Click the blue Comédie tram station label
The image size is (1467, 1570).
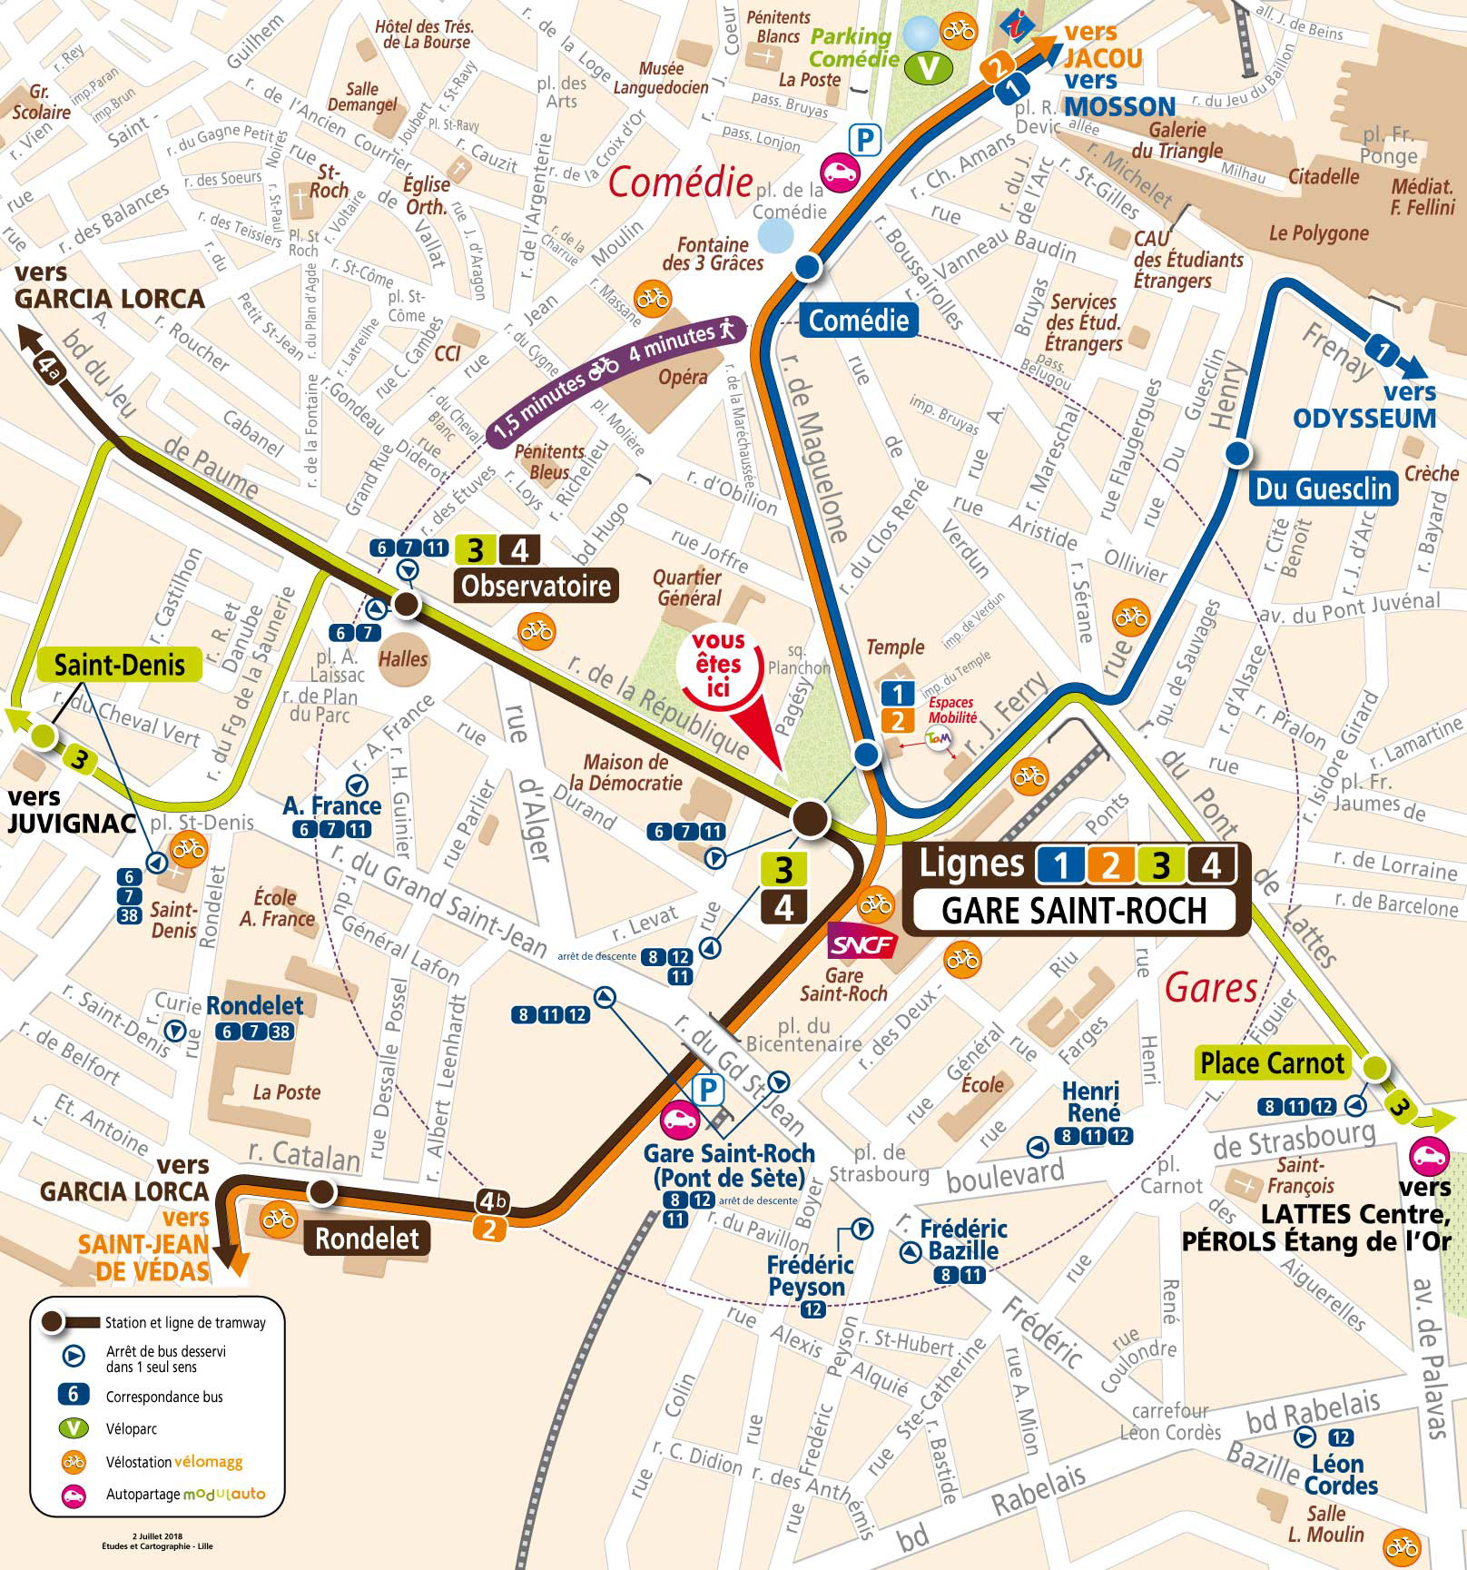point(858,320)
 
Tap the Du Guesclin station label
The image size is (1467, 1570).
point(1323,489)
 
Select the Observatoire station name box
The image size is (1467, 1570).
point(536,586)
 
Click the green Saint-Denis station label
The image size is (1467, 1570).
point(119,665)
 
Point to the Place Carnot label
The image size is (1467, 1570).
point(1271,1063)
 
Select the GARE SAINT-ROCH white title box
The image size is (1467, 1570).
point(1074,910)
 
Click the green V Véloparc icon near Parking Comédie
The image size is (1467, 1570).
point(927,67)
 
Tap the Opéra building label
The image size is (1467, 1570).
point(683,376)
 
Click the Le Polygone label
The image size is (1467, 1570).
point(1318,233)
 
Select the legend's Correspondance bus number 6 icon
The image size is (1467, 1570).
point(74,1397)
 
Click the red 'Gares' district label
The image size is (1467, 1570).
point(1210,987)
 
